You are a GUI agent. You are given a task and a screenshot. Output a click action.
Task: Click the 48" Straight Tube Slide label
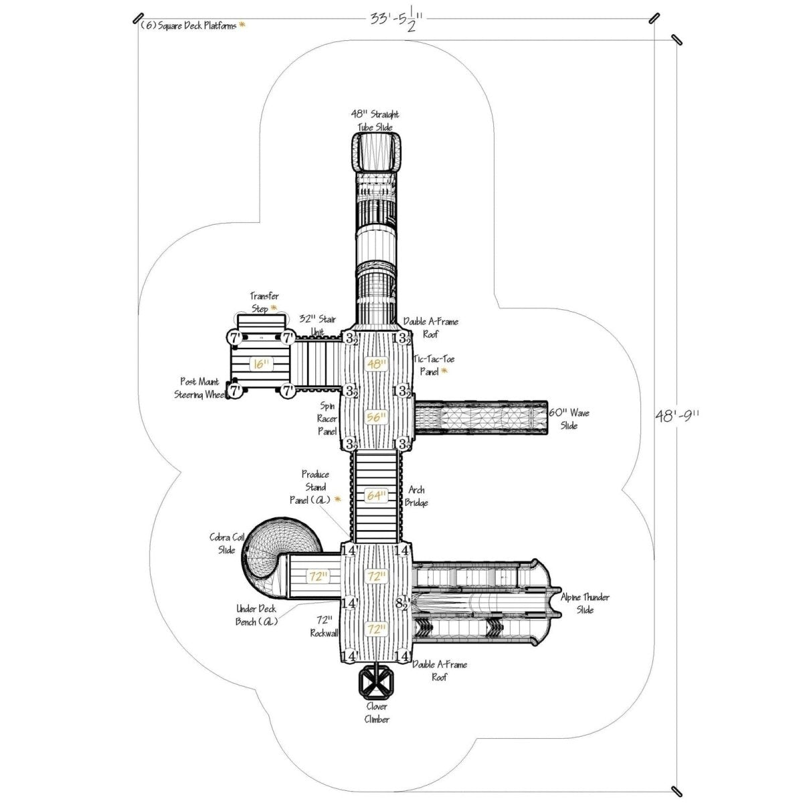[375, 120]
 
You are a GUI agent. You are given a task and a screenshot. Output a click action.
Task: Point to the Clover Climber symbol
[375, 682]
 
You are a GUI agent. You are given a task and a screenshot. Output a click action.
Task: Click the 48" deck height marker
[377, 364]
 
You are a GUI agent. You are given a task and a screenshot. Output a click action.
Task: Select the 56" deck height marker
[377, 416]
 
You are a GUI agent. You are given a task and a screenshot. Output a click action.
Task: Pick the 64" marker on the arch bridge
[376, 496]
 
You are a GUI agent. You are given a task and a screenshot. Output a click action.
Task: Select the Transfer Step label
[264, 302]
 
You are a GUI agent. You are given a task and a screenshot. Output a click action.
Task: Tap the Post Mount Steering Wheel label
[199, 387]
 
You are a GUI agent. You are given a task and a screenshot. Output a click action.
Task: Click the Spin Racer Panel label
[327, 418]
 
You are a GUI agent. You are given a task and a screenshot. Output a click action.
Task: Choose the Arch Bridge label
[416, 496]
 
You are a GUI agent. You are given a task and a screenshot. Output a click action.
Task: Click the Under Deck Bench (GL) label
[256, 615]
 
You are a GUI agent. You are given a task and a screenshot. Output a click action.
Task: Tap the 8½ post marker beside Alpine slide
[402, 602]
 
